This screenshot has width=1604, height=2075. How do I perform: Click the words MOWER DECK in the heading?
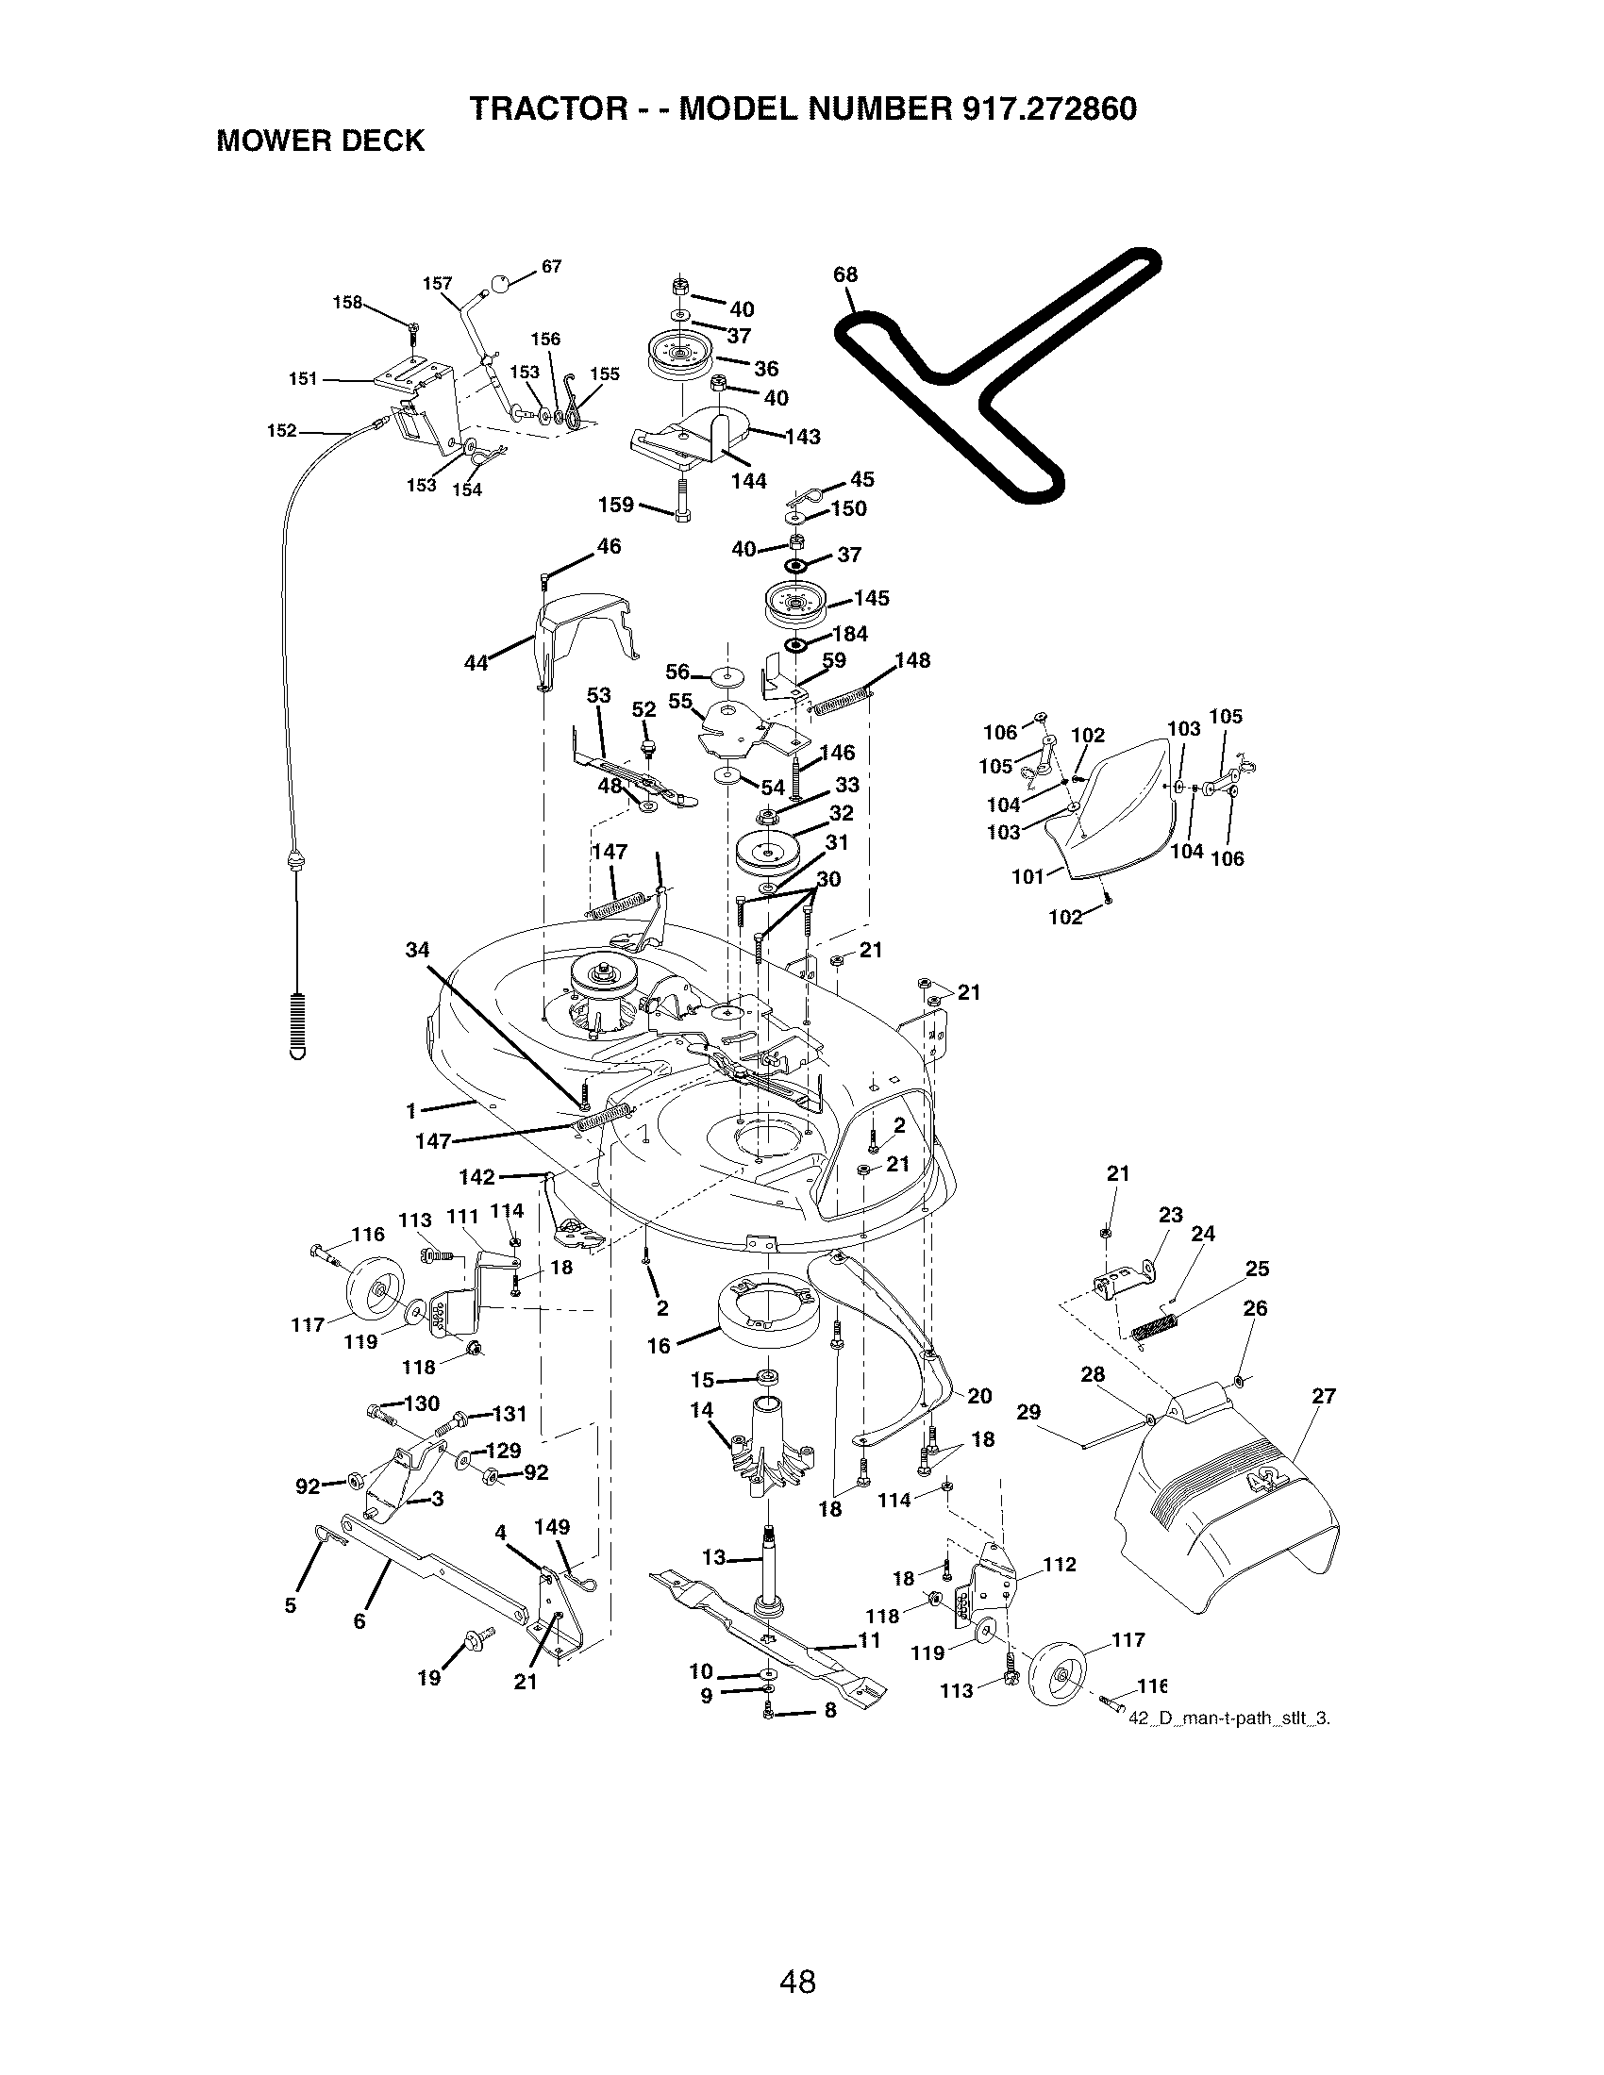pos(320,141)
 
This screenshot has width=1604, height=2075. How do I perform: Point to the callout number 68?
pos(844,274)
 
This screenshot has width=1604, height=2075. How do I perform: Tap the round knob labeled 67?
pos(501,281)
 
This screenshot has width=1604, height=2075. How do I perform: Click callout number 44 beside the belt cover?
pos(476,663)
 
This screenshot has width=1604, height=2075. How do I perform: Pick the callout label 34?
pos(417,949)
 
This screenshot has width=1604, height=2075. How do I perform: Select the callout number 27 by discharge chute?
pos(1323,1396)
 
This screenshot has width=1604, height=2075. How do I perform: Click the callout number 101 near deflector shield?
pos(1028,876)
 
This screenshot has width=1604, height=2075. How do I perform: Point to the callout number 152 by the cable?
pos(282,430)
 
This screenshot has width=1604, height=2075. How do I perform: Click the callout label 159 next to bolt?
pos(616,505)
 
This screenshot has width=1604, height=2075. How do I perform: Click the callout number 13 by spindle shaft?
pos(713,1557)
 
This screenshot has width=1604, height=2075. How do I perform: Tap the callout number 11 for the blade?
pos(868,1640)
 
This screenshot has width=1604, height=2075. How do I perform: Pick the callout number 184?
pos(849,634)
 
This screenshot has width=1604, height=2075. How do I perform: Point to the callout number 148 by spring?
pos(911,660)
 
